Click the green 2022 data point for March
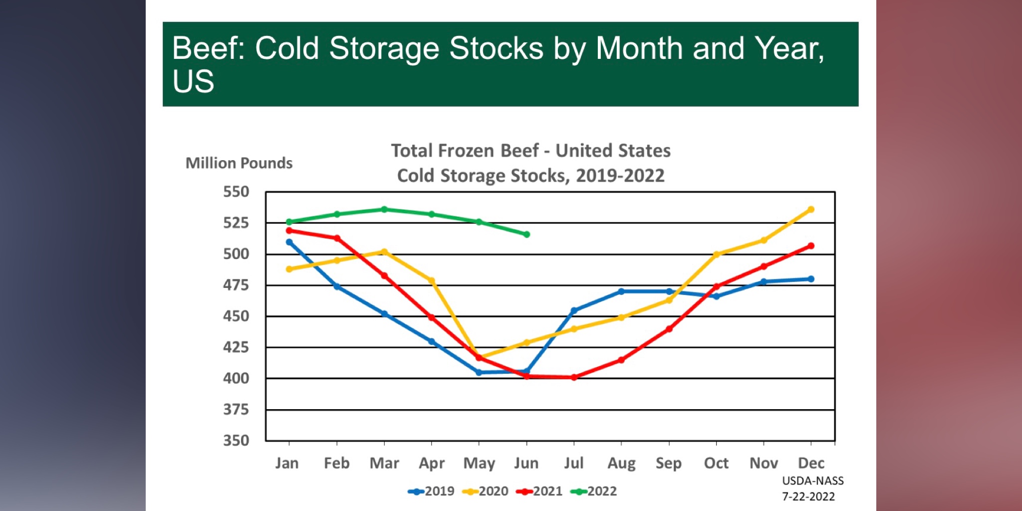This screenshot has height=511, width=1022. click(x=384, y=210)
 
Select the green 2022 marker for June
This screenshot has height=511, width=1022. click(x=526, y=235)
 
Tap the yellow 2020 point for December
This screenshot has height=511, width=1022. click(x=811, y=210)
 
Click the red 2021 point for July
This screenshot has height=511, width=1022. click(x=574, y=377)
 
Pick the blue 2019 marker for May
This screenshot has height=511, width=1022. click(x=479, y=372)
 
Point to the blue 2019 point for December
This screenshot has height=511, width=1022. click(x=811, y=279)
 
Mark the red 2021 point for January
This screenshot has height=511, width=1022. click(x=289, y=231)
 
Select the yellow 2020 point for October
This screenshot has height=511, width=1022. click(x=716, y=255)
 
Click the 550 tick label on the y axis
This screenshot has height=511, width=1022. click(x=236, y=192)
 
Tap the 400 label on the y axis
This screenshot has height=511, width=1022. click(x=236, y=378)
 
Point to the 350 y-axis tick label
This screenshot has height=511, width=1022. click(x=236, y=441)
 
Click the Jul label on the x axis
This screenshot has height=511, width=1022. click(x=574, y=463)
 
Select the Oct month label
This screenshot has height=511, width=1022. click(x=716, y=463)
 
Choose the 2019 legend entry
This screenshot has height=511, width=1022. click(x=432, y=492)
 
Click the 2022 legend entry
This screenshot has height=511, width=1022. click(x=594, y=492)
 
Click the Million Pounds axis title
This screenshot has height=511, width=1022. click(x=239, y=163)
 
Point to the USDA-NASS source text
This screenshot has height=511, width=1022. click(x=813, y=481)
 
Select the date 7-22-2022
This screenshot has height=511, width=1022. click(x=808, y=497)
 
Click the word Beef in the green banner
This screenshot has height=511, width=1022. click(x=207, y=48)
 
